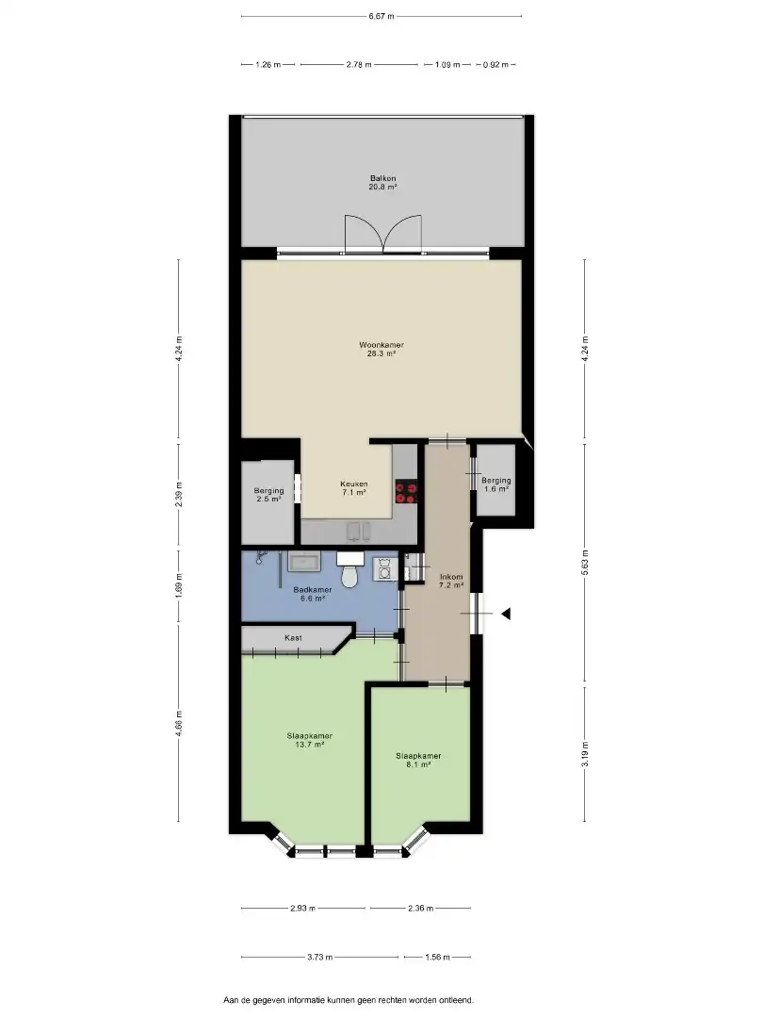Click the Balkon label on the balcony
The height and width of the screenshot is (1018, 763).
point(381,182)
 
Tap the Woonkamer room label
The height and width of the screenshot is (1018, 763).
point(381,349)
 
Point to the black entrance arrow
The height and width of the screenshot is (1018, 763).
point(506,615)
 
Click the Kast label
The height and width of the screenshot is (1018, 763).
point(293,638)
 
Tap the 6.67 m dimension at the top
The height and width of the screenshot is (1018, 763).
point(381,16)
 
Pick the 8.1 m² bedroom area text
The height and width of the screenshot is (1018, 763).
point(418,764)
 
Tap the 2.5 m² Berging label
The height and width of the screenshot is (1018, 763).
point(268,495)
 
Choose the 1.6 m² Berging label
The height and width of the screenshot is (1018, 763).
point(495,484)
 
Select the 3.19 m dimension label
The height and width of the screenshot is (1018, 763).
point(585,755)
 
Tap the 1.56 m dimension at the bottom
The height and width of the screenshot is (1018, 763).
point(436,957)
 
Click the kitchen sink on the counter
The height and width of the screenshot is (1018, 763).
point(356,531)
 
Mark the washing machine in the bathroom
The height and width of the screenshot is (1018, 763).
point(385,568)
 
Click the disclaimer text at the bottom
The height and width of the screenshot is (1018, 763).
point(349,999)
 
